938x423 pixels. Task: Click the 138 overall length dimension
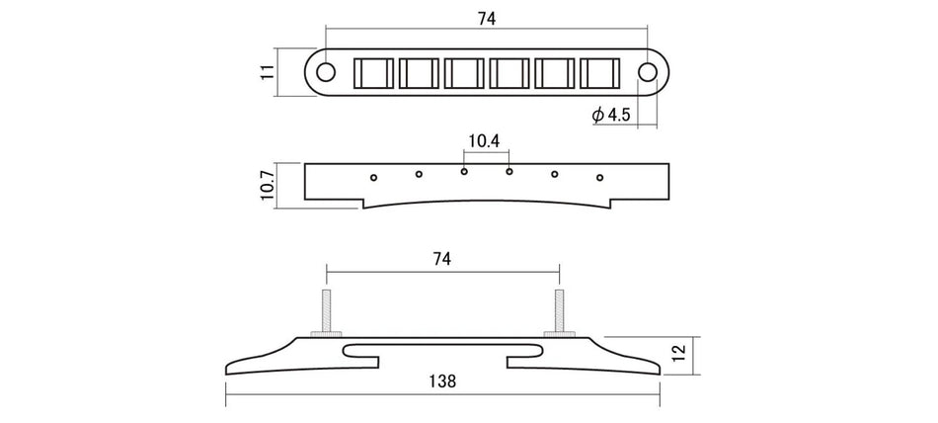pyautogui.click(x=442, y=381)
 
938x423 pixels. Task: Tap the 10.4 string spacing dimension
pyautogui.click(x=484, y=141)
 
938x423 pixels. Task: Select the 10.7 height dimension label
pyautogui.click(x=268, y=185)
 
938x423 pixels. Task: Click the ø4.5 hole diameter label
pyautogui.click(x=611, y=115)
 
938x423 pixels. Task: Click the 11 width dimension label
pyautogui.click(x=268, y=72)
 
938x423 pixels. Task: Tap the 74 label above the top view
pyautogui.click(x=487, y=19)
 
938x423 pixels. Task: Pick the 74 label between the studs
pyautogui.click(x=441, y=259)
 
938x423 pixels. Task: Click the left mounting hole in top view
pyautogui.click(x=326, y=72)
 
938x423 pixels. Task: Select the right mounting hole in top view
pyautogui.click(x=648, y=72)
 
